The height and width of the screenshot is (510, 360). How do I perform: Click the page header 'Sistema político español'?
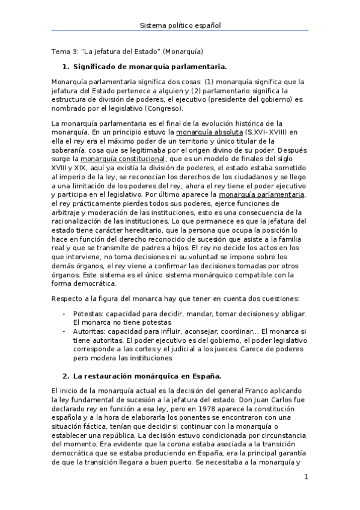(x=180, y=26)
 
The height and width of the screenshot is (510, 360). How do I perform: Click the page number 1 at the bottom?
(x=306, y=478)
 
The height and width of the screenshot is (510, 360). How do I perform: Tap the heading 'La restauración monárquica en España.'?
(x=147, y=376)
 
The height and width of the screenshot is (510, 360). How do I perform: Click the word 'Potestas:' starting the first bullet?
(x=88, y=314)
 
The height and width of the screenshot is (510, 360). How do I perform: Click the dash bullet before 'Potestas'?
(x=64, y=314)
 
